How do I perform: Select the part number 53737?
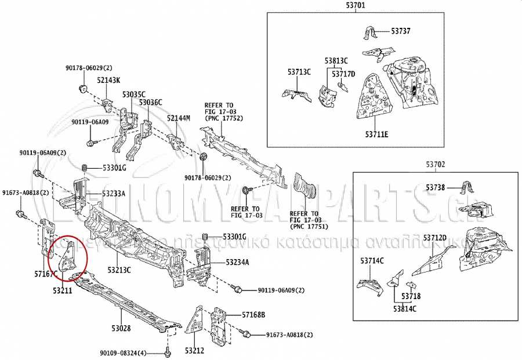pyautogui.click(x=400, y=31)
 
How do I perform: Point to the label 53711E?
pyautogui.click(x=377, y=135)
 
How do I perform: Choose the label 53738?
pyautogui.click(x=436, y=187)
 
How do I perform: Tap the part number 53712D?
pyautogui.click(x=435, y=238)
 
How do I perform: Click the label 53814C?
pyautogui.click(x=405, y=308)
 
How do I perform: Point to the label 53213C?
pyautogui.click(x=119, y=270)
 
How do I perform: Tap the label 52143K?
pyautogui.click(x=108, y=81)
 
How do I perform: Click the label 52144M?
pyautogui.click(x=179, y=118)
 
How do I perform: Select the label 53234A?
pyautogui.click(x=237, y=263)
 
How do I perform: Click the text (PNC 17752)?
pyautogui.click(x=223, y=118)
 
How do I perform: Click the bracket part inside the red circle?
pyautogui.click(x=68, y=258)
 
